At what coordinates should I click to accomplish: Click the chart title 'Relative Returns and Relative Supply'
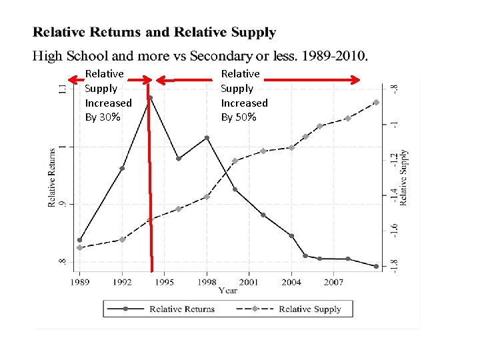tap(155, 32)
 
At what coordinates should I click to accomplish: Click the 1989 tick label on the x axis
tap(79, 282)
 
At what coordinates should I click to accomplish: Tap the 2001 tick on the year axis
tap(249, 282)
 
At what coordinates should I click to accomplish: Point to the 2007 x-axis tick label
tap(333, 282)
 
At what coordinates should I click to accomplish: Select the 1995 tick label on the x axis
tap(165, 282)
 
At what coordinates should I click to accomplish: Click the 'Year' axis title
tap(228, 290)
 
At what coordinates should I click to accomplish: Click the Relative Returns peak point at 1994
tap(151, 98)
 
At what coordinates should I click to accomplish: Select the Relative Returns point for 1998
tap(207, 138)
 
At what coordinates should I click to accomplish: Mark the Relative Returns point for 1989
tap(80, 240)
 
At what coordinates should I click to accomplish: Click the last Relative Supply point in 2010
tap(376, 102)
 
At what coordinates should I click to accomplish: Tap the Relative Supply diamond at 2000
tap(235, 161)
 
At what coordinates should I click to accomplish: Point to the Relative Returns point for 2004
tap(291, 235)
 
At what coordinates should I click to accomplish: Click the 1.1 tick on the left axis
tap(62, 89)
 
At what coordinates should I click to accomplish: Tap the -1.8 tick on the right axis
tap(394, 265)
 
